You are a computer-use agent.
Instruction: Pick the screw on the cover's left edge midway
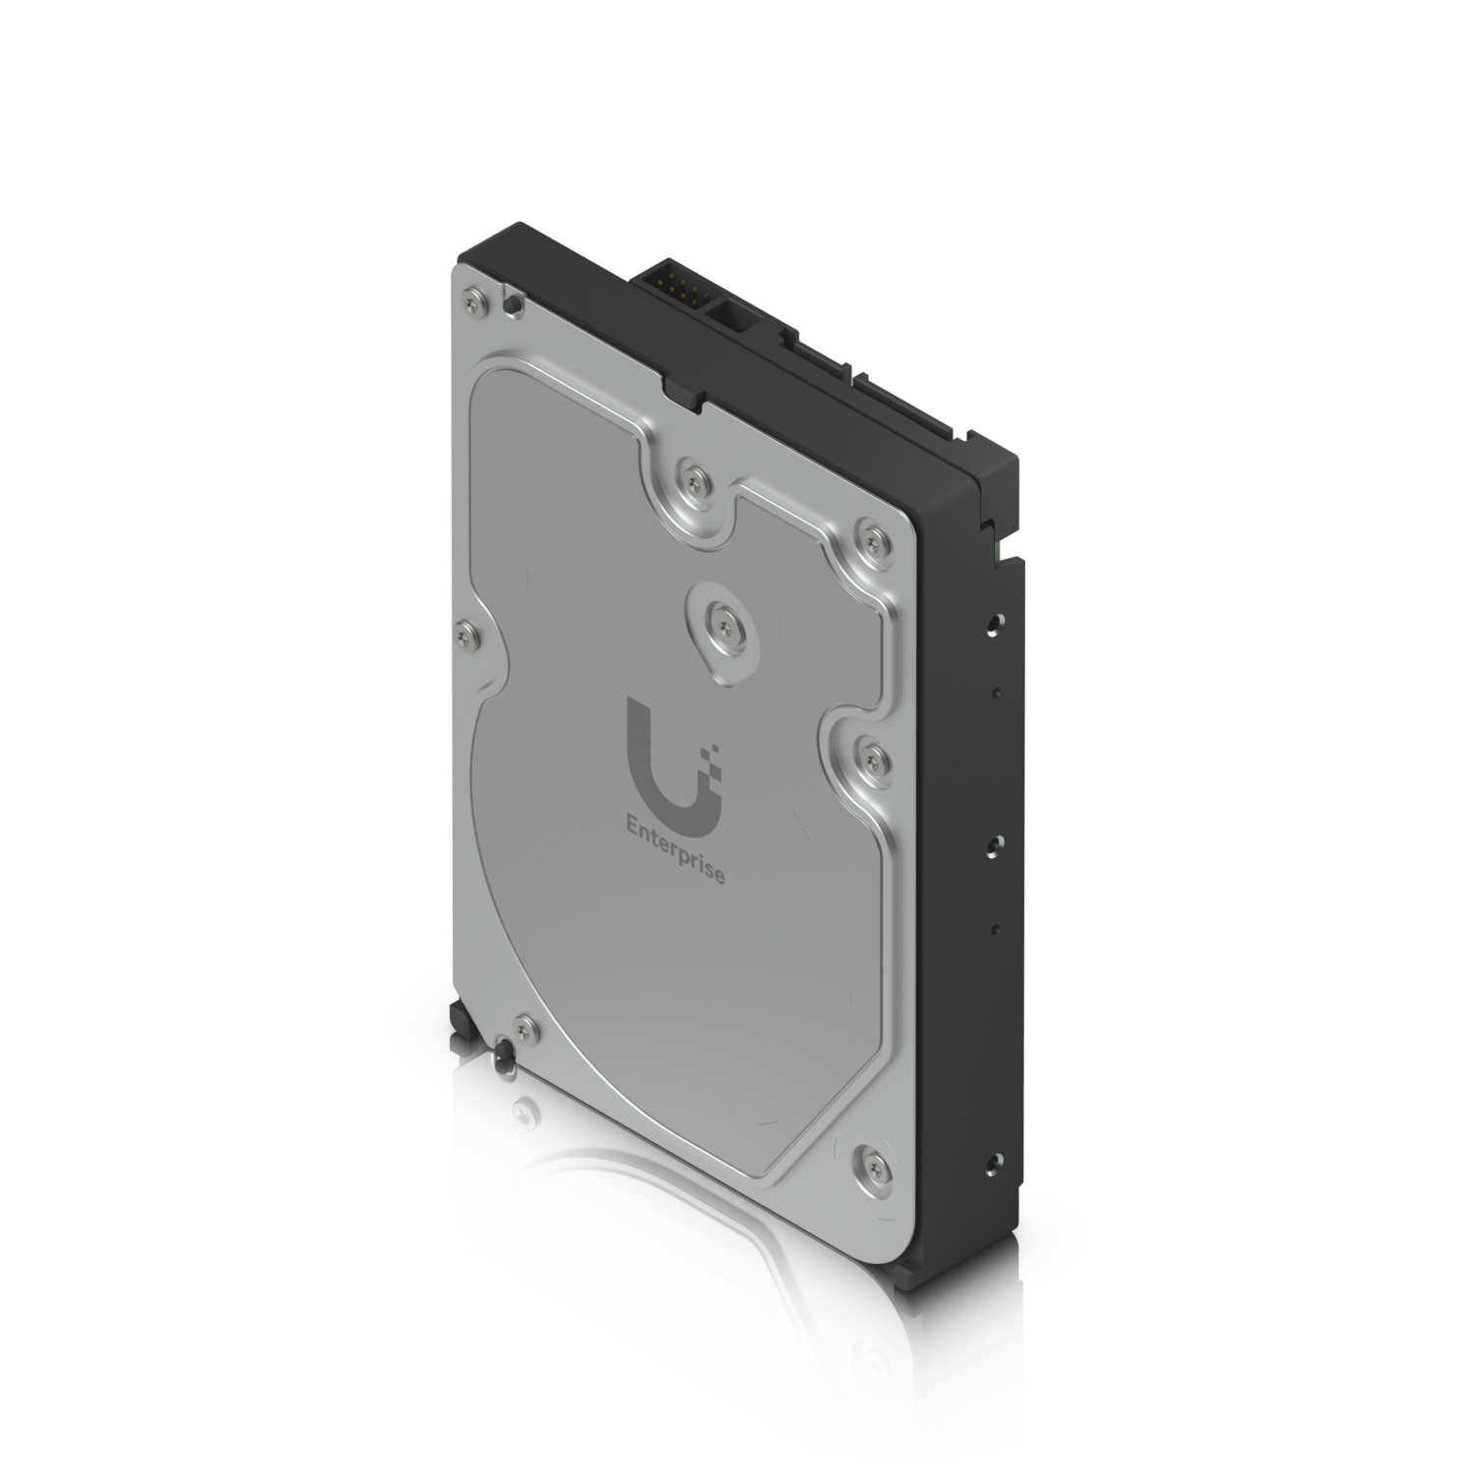click(x=464, y=634)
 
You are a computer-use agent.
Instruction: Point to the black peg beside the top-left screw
click(x=511, y=303)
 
